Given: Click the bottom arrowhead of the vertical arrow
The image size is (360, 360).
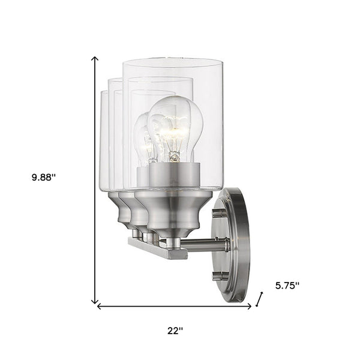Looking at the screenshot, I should point(95,301).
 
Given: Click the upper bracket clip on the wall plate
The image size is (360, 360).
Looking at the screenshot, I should point(221,213).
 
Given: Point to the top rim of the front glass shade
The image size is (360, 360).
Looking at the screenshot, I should point(173,61).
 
